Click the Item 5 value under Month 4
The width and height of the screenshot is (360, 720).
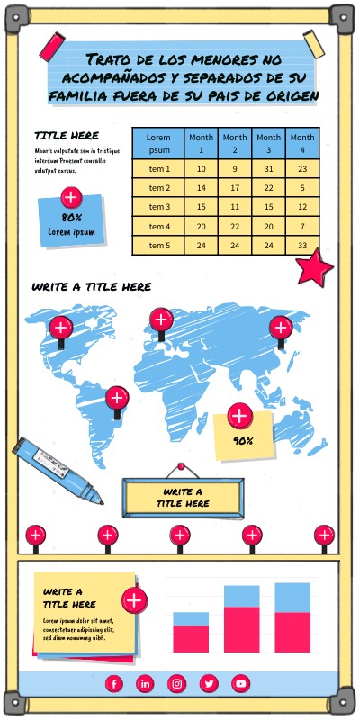302,245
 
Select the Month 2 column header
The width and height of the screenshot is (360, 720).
234,143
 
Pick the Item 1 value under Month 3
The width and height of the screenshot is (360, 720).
268,169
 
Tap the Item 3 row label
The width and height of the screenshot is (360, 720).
158,207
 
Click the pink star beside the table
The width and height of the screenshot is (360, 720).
313,268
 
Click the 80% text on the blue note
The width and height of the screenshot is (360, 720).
72,218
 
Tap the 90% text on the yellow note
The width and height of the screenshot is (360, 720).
242,441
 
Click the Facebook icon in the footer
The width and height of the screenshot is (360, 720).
113,684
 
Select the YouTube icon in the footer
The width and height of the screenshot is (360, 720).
240,684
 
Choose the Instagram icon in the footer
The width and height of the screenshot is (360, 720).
177,684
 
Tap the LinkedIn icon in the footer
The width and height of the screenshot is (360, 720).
145,684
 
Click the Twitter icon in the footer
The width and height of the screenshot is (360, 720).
209,684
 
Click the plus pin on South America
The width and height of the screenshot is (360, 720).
117,397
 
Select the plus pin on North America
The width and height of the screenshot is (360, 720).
60,328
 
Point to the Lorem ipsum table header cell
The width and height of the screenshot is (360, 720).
158,143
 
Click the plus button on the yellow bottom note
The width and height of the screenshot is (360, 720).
134,600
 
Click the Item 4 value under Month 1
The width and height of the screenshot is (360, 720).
201,226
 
